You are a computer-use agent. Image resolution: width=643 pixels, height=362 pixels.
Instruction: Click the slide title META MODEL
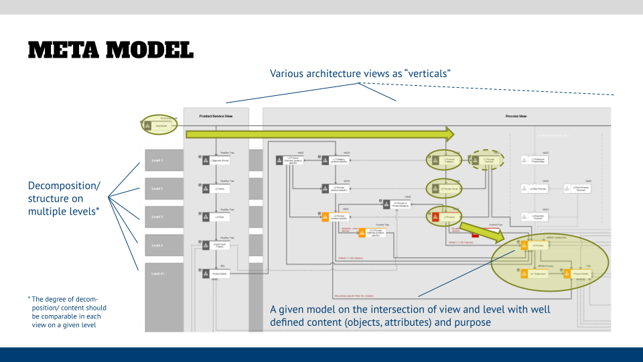point(111,50)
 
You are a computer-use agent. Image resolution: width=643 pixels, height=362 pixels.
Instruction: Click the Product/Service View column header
point(216,116)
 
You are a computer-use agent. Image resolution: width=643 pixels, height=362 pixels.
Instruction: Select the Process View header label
point(516,116)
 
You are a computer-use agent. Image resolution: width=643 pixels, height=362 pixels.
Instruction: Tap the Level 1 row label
point(157,161)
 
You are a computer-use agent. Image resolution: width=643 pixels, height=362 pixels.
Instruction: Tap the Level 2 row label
point(157,189)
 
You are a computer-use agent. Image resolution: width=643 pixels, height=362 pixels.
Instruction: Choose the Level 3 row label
point(157,217)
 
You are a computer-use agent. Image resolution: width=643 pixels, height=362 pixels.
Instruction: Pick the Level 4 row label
point(157,245)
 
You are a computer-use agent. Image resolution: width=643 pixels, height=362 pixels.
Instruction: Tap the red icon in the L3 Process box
point(435,217)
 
